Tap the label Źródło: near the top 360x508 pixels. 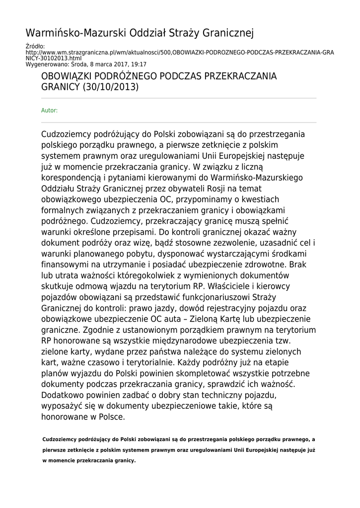tap(35, 46)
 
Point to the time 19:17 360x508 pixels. tap(140, 64)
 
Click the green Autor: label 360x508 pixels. tap(49, 111)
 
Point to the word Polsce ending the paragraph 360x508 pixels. tap(112, 417)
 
